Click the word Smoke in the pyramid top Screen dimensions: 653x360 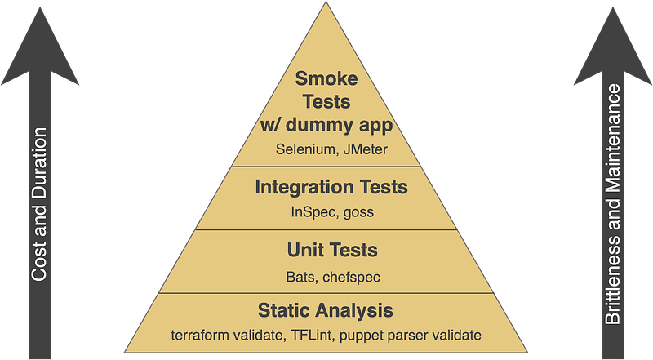[x=326, y=78]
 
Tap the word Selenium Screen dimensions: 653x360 [x=305, y=149]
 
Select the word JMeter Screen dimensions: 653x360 [x=366, y=149]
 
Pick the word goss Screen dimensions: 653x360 [x=358, y=213]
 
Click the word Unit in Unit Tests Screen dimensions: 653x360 [x=300, y=250]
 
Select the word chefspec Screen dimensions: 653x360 [x=352, y=278]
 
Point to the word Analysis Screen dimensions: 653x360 [x=354, y=311]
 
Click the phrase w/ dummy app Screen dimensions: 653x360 [x=326, y=126]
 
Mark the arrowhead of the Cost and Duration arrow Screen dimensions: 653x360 [x=40, y=47]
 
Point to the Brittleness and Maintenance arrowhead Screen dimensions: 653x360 [x=613, y=47]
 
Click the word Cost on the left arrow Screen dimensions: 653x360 [x=38, y=264]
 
